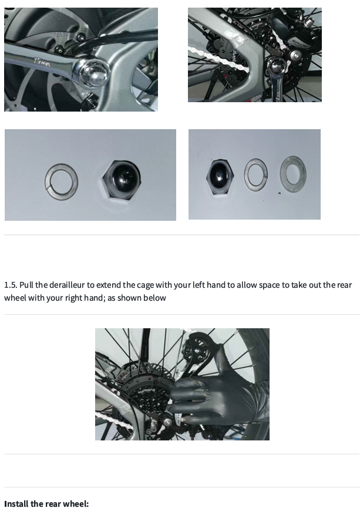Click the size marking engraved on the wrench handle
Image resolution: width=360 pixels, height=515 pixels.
pos(42,62)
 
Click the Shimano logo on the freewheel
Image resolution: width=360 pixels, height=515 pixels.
pos(146,391)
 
